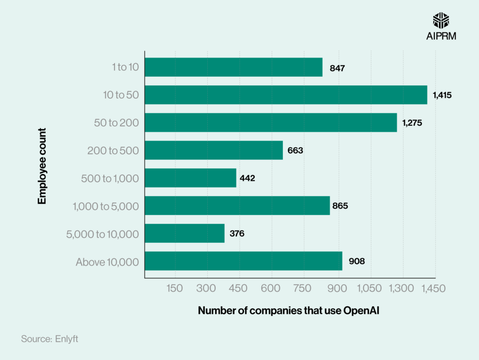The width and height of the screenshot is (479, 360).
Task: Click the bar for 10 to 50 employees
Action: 286,95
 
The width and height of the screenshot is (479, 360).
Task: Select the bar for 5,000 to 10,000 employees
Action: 185,233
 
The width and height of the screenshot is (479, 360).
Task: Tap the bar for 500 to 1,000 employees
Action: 190,178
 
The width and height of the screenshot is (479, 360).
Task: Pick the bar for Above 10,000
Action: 243,261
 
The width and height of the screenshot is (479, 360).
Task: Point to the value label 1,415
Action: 442,95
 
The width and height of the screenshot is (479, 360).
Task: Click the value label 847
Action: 337,68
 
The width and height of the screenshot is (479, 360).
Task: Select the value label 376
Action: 237,233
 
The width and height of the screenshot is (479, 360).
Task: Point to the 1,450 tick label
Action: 432,289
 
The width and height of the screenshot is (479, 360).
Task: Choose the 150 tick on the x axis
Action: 174,289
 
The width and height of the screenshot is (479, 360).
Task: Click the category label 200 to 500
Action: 113,151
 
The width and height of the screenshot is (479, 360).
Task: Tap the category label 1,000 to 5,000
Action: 106,206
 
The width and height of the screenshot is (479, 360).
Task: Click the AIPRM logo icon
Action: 442,20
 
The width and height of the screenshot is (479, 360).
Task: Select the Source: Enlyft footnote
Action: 50,339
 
